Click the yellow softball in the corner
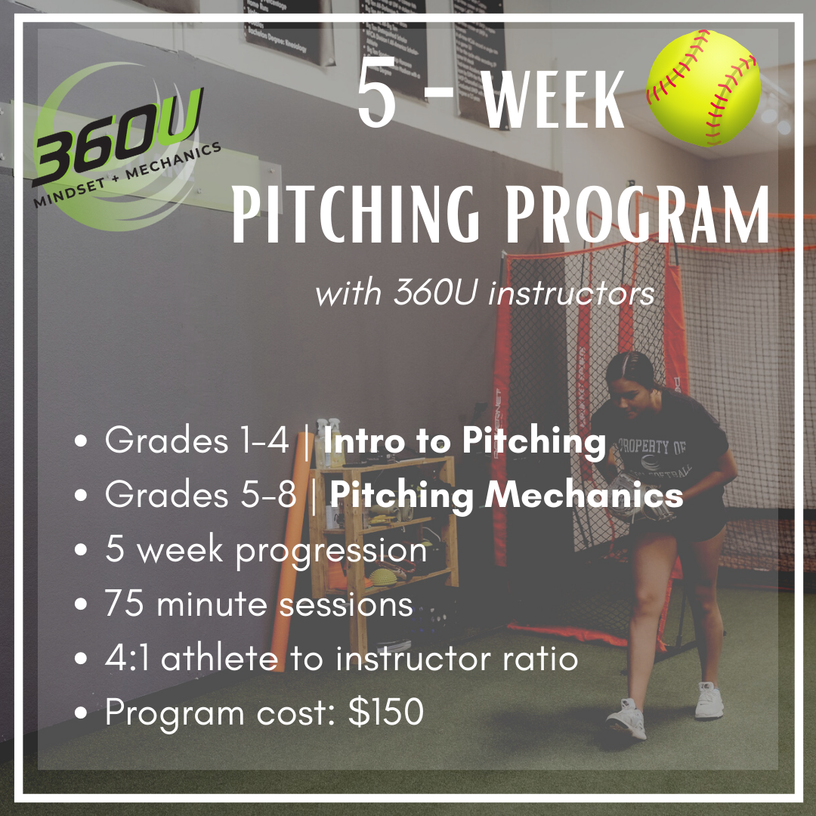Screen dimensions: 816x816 [703, 88]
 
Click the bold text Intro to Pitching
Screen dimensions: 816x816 [464, 441]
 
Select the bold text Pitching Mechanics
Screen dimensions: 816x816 [506, 495]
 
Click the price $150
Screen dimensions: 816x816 [386, 712]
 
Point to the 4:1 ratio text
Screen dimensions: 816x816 [128, 658]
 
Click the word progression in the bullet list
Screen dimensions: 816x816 [332, 550]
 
